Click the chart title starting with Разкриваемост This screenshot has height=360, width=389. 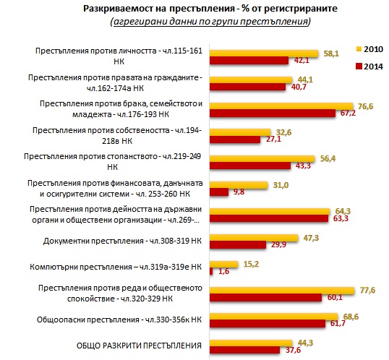210,9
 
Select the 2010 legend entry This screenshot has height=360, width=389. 369,49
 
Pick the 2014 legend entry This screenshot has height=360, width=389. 369,67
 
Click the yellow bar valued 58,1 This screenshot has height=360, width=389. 264,53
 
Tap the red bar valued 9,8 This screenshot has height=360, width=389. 219,192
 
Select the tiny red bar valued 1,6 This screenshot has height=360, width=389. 211,271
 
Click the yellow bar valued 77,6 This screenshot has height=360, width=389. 282,291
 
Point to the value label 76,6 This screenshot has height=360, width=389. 365,106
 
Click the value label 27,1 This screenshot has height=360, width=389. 273,139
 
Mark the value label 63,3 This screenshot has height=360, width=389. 341,218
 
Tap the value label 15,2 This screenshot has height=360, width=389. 251,264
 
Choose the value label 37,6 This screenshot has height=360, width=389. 293,350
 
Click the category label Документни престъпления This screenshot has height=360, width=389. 122,241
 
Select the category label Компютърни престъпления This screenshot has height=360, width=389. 116,267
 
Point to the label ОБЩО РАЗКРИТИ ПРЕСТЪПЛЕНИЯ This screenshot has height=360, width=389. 139,346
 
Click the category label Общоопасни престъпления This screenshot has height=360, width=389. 119,320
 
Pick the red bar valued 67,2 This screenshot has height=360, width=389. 273,113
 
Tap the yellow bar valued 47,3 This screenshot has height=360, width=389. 254,238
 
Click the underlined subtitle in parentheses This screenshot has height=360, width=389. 210,22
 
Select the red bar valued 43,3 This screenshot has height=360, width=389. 250,166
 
